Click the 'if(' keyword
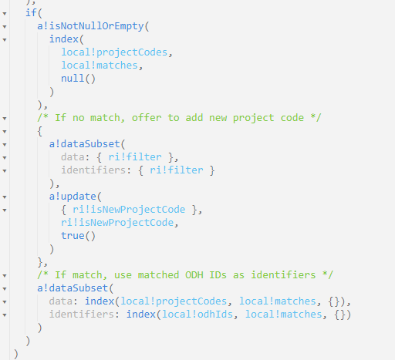(34, 13)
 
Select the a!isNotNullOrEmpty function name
(90, 26)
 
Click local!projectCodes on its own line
(114, 52)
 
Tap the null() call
(78, 79)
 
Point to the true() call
(78, 236)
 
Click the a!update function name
(73, 197)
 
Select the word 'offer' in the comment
(147, 118)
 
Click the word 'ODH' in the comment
(194, 275)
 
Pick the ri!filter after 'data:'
(135, 157)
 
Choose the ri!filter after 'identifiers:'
(177, 170)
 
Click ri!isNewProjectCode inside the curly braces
(129, 210)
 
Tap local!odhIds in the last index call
(197, 315)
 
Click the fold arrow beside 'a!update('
(5, 197)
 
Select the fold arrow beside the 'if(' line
(5, 14)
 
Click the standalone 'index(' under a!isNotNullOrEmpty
(66, 39)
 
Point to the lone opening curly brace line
(40, 131)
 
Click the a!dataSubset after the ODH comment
(73, 288)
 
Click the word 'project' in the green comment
(253, 118)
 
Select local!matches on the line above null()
(100, 66)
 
